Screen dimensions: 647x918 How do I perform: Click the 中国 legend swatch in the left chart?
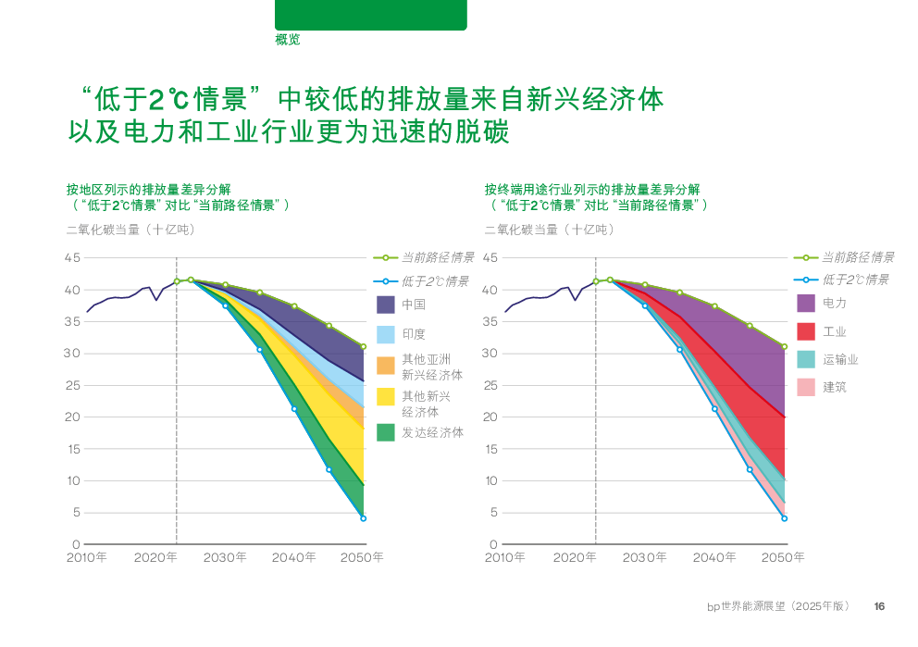386,305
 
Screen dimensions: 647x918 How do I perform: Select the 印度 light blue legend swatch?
386,334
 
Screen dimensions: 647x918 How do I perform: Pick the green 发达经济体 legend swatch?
386,432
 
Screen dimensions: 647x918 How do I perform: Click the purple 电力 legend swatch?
805,304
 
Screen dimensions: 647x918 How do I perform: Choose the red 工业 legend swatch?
805,331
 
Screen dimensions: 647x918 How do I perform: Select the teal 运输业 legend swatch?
805,359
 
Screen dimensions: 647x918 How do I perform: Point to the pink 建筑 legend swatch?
805,387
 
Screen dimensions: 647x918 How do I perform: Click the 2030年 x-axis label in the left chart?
226,558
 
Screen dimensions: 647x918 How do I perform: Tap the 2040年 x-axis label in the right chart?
714,558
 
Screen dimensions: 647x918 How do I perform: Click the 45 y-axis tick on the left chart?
72,257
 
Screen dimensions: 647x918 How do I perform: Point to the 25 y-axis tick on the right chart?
490,385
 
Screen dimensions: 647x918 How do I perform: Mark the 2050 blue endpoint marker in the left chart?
364,518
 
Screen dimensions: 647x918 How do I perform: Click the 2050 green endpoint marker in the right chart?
784,347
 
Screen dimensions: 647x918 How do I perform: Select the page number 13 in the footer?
879,606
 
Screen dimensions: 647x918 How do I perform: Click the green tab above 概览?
370,15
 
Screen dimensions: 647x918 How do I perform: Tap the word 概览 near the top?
287,40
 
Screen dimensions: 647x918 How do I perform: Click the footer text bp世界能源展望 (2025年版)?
777,606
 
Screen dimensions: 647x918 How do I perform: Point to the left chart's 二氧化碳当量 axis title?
130,230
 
